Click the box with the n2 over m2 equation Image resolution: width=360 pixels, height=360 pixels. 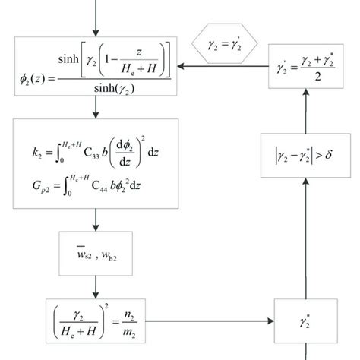click(x=96, y=317)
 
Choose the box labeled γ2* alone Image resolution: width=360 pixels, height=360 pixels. click(x=305, y=317)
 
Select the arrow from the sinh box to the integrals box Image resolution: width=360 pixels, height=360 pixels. click(x=96, y=108)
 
